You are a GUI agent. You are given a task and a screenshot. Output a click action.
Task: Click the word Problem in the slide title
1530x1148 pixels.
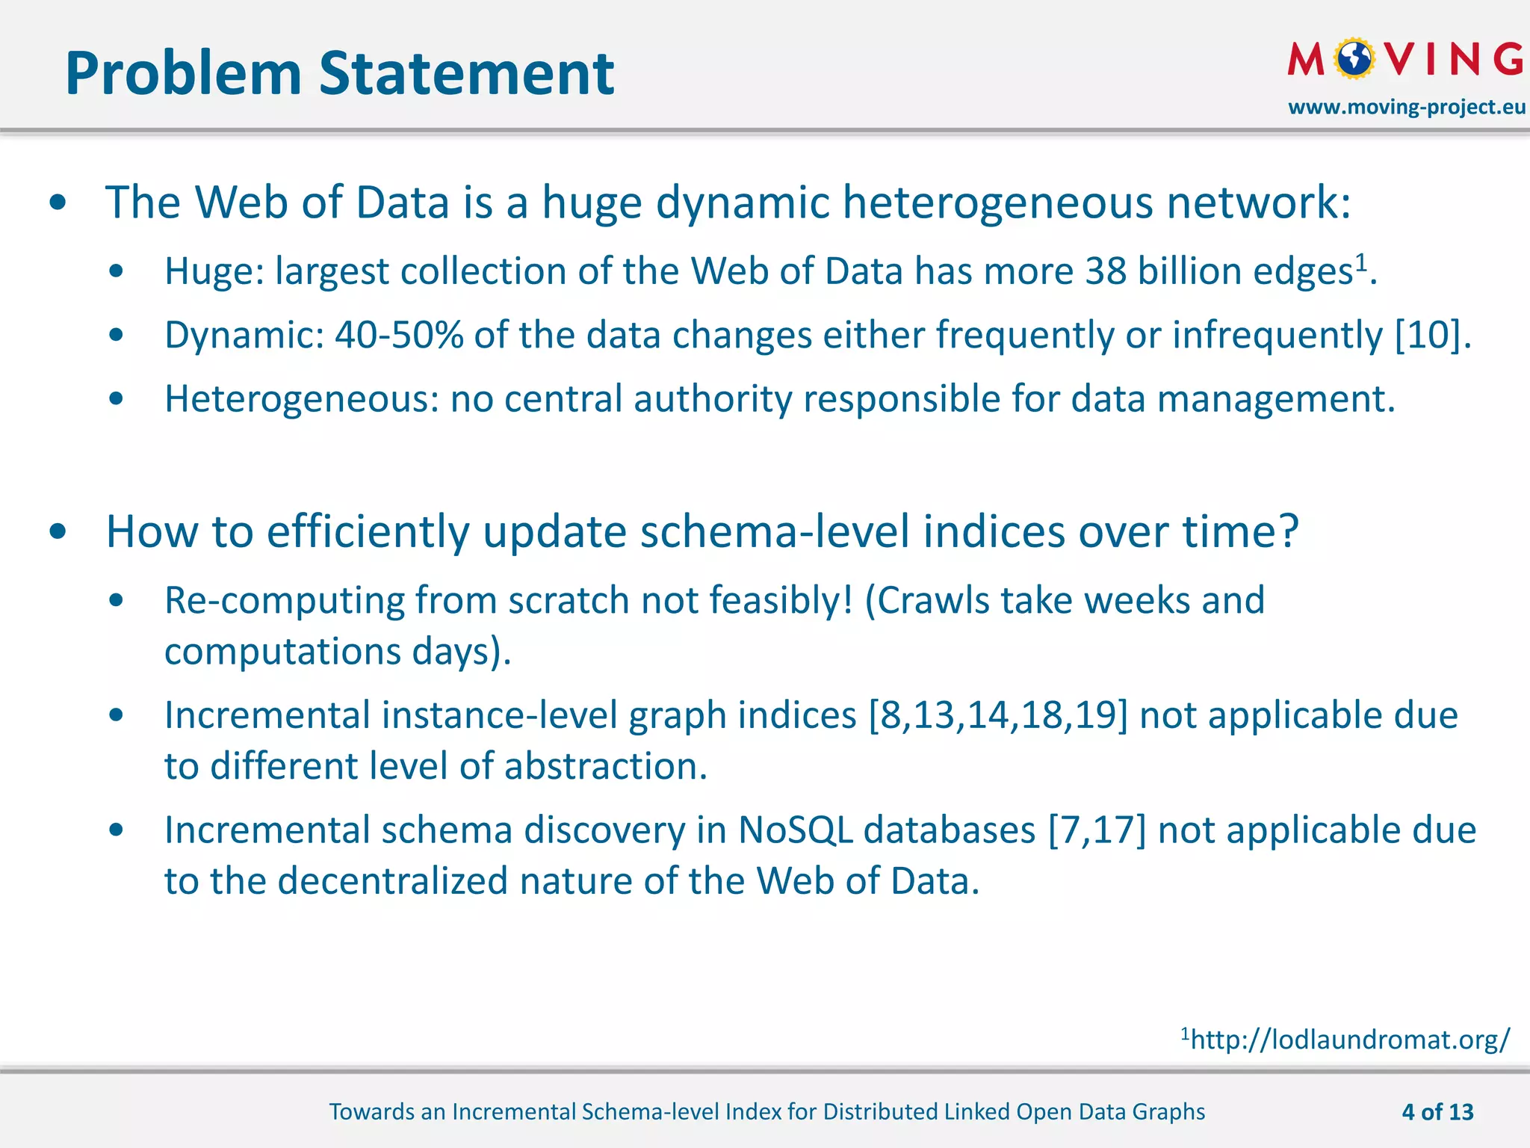tap(183, 75)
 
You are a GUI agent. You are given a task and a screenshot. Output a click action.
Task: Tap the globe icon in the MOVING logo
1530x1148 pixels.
tap(1354, 58)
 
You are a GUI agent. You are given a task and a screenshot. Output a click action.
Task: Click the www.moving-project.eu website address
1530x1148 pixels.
tap(1406, 107)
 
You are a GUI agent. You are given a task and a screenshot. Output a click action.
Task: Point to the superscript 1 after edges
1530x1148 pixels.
tap(1361, 262)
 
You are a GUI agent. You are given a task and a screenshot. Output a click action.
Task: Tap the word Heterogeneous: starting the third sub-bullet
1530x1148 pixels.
tap(302, 399)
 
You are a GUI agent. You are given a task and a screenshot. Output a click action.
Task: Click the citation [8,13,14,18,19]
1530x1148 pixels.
tap(998, 715)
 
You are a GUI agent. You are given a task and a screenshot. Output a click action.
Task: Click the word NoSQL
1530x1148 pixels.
tap(795, 830)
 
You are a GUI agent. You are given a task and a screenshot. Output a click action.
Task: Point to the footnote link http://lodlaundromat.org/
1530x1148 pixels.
tap(1350, 1040)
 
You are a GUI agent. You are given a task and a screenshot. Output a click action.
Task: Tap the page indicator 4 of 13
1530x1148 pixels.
tap(1437, 1111)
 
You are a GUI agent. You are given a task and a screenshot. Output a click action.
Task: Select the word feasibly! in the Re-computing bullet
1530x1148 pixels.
tap(780, 600)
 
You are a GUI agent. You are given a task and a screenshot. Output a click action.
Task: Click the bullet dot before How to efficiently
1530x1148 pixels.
tap(58, 532)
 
